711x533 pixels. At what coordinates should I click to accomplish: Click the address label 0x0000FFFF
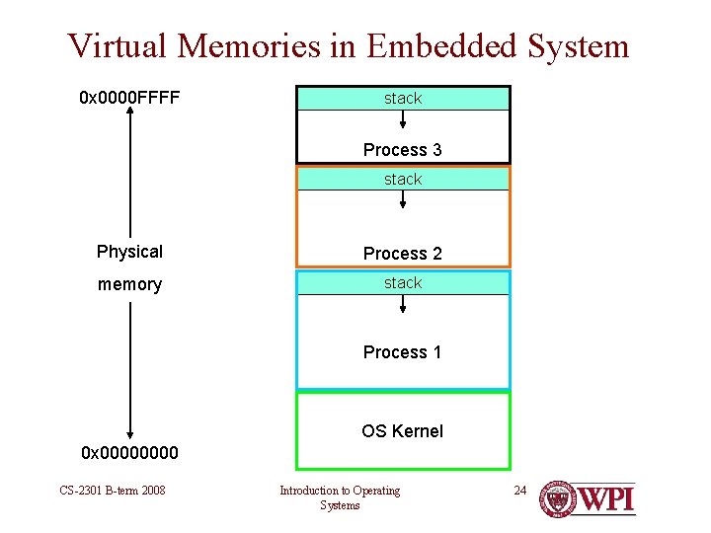(x=129, y=99)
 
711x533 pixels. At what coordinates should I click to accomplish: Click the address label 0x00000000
(x=129, y=453)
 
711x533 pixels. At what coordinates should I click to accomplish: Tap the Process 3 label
(x=402, y=150)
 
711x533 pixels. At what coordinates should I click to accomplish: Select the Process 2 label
(x=402, y=254)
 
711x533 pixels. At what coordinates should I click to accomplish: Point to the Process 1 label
(x=402, y=352)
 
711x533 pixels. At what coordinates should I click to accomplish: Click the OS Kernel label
(x=402, y=431)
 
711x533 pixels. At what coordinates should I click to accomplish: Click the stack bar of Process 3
(x=403, y=99)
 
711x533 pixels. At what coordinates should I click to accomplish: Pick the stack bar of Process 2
(x=403, y=179)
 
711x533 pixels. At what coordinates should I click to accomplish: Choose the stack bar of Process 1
(x=403, y=283)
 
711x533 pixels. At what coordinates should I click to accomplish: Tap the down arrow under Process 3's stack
(x=403, y=119)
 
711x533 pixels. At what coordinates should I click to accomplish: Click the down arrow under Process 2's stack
(x=403, y=200)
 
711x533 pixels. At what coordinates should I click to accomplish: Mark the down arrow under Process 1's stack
(x=403, y=303)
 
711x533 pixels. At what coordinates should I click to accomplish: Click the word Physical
(x=129, y=252)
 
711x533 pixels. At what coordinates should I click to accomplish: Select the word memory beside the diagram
(x=129, y=284)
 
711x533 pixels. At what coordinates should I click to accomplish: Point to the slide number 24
(x=521, y=490)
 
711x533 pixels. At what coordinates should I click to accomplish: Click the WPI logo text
(x=605, y=497)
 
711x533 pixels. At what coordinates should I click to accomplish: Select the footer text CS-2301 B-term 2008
(x=112, y=491)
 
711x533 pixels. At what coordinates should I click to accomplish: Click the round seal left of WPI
(x=558, y=497)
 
